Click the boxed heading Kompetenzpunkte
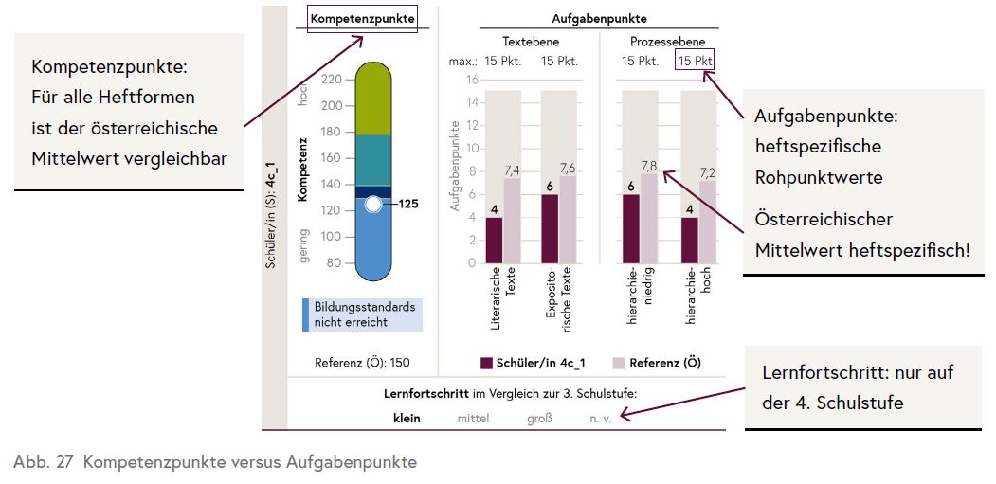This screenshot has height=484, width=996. point(362,18)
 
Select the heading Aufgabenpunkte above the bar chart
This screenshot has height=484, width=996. point(599,18)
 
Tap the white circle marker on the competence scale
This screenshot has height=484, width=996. point(373,204)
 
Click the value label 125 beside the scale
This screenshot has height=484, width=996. point(408,204)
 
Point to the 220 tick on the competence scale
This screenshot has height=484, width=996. point(331,80)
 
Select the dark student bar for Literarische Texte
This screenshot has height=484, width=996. point(494,241)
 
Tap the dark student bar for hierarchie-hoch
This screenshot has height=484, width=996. point(690,241)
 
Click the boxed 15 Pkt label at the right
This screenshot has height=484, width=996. point(695,62)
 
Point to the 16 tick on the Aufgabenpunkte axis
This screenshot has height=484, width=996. point(470,80)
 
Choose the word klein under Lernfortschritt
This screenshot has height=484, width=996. point(408,417)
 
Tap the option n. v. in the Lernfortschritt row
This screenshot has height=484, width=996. point(601,417)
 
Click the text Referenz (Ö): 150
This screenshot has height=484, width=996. point(362,363)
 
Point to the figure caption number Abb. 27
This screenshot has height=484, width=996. point(37,462)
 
